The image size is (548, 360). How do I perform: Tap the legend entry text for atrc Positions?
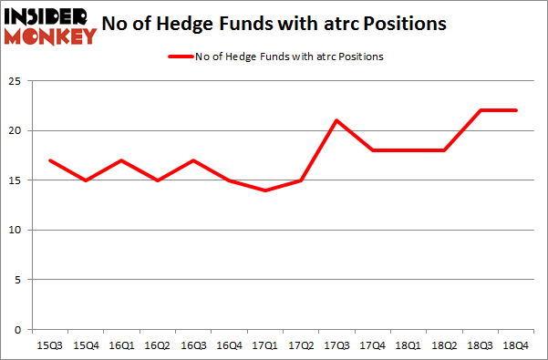[x=289, y=57]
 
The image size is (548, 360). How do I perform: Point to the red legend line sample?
[x=179, y=57]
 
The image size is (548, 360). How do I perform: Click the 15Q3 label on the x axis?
[x=50, y=345]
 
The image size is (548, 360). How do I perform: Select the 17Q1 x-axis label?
[x=264, y=345]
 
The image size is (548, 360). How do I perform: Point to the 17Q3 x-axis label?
[x=336, y=345]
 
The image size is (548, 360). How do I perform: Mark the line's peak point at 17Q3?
[x=336, y=120]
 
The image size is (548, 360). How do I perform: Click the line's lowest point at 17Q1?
[x=264, y=190]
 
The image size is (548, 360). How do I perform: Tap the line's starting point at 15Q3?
[x=50, y=160]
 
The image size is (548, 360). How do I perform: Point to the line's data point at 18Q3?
[x=478, y=110]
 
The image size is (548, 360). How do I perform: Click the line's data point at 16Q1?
[x=121, y=160]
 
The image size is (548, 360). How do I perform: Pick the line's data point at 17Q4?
[x=371, y=150]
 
